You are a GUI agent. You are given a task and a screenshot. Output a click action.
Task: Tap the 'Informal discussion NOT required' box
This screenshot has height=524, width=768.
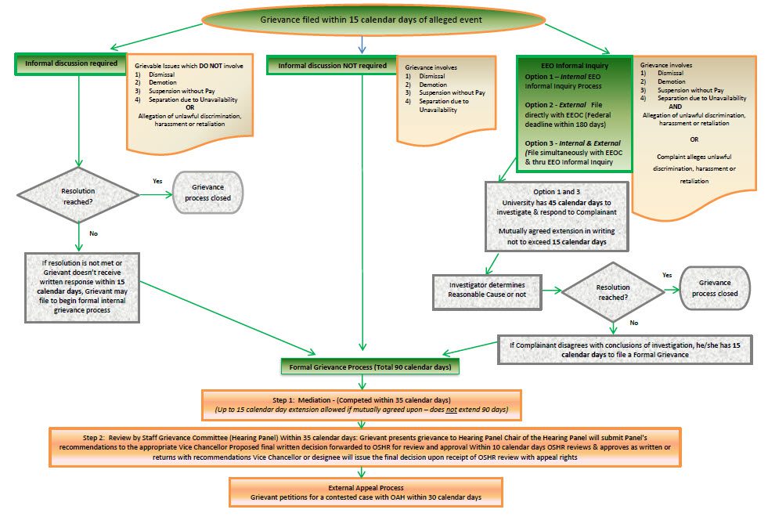pos(333,66)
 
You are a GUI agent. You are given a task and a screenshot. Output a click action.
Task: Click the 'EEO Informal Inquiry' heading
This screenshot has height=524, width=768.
pos(573,67)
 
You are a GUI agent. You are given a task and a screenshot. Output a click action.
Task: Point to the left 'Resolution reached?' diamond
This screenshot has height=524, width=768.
pos(80,196)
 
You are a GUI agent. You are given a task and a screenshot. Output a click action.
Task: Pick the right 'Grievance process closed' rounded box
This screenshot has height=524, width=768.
pos(713,288)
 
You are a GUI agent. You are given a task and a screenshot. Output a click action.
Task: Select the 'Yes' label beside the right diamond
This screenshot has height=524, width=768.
pos(666,276)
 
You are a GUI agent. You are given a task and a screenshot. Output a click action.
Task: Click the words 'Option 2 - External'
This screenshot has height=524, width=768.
pos(554,104)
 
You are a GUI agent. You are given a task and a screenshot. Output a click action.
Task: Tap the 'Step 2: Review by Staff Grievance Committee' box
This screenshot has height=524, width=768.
pos(365,446)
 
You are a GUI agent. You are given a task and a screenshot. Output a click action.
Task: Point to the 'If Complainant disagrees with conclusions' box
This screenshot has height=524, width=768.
pos(626,351)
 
